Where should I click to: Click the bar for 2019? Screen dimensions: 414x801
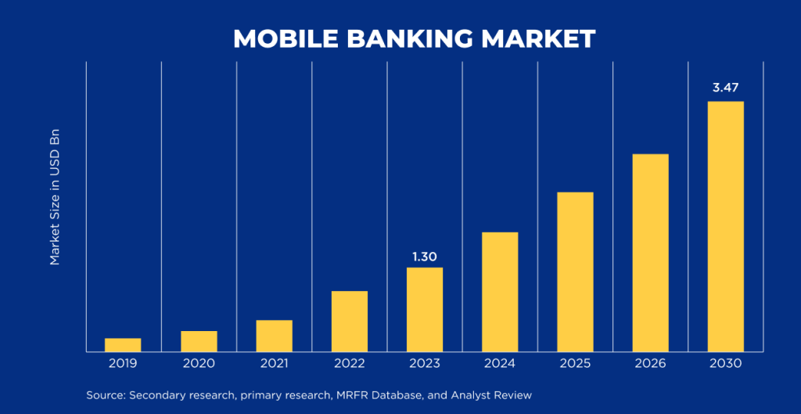[x=123, y=345]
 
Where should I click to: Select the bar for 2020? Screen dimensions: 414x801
[x=199, y=341]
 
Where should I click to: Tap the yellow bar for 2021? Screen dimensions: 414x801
[x=274, y=336]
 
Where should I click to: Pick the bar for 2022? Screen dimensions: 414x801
[x=349, y=322]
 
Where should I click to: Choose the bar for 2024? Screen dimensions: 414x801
[x=500, y=292]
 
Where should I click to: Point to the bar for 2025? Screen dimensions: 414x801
[x=575, y=272]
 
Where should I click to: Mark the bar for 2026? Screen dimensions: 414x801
[x=650, y=253]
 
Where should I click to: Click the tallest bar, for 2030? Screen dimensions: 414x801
[x=725, y=226]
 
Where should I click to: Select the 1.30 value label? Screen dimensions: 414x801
[x=424, y=256]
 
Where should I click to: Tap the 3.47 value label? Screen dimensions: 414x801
[x=725, y=88]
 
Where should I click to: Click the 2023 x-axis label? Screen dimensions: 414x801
[x=424, y=363]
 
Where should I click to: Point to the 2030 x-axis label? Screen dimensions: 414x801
[x=725, y=363]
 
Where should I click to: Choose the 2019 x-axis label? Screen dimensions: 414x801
[x=123, y=363]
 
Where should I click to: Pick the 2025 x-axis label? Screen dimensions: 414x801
[x=575, y=363]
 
